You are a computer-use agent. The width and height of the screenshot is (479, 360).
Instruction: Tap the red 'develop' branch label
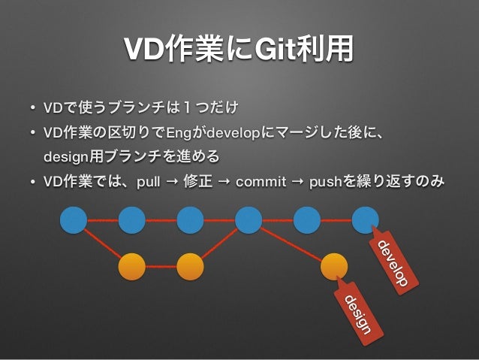(393, 264)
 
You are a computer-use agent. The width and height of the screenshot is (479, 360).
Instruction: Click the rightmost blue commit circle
(366, 220)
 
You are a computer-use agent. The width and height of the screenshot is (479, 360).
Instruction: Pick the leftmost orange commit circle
(132, 266)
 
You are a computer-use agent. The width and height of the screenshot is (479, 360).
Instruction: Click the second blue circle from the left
(132, 220)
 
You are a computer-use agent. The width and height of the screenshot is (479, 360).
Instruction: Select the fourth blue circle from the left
(249, 220)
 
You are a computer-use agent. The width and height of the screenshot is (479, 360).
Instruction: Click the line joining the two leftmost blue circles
(103, 220)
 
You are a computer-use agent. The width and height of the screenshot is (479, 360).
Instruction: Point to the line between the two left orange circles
(161, 266)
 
